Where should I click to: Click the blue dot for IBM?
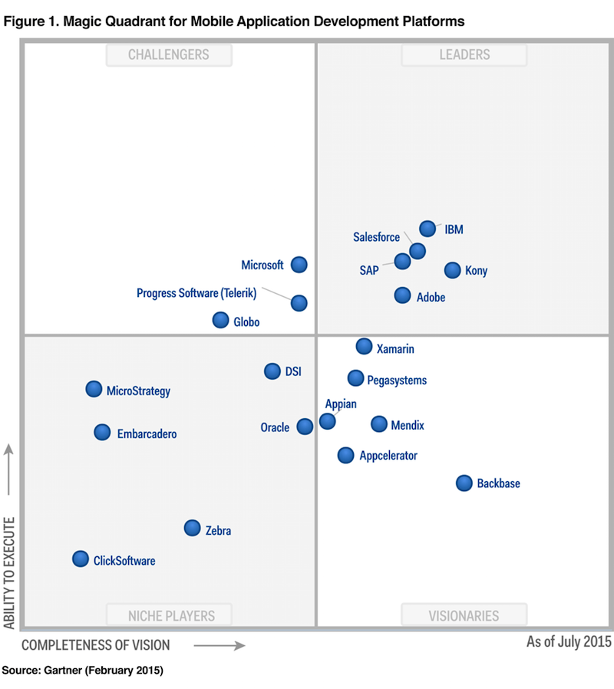(x=427, y=228)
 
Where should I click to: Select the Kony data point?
(x=453, y=270)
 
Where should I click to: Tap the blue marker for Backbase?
(x=464, y=483)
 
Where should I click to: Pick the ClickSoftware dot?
(x=81, y=559)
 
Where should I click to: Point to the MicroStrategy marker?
(x=94, y=389)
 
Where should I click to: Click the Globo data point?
(x=220, y=320)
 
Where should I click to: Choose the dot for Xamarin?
(x=365, y=347)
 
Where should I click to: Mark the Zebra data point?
(x=192, y=528)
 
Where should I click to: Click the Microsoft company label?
(x=262, y=265)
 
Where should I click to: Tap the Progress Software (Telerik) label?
(x=196, y=293)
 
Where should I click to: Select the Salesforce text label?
(x=376, y=238)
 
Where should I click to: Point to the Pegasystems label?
(x=397, y=381)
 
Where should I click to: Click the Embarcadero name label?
(x=147, y=434)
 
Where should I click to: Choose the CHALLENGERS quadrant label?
(x=169, y=54)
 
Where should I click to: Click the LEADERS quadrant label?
(x=464, y=54)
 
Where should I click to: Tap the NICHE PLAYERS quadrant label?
(x=171, y=615)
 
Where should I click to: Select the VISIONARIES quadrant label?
(x=464, y=615)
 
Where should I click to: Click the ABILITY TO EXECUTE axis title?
(x=9, y=572)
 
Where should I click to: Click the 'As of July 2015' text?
(x=568, y=641)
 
